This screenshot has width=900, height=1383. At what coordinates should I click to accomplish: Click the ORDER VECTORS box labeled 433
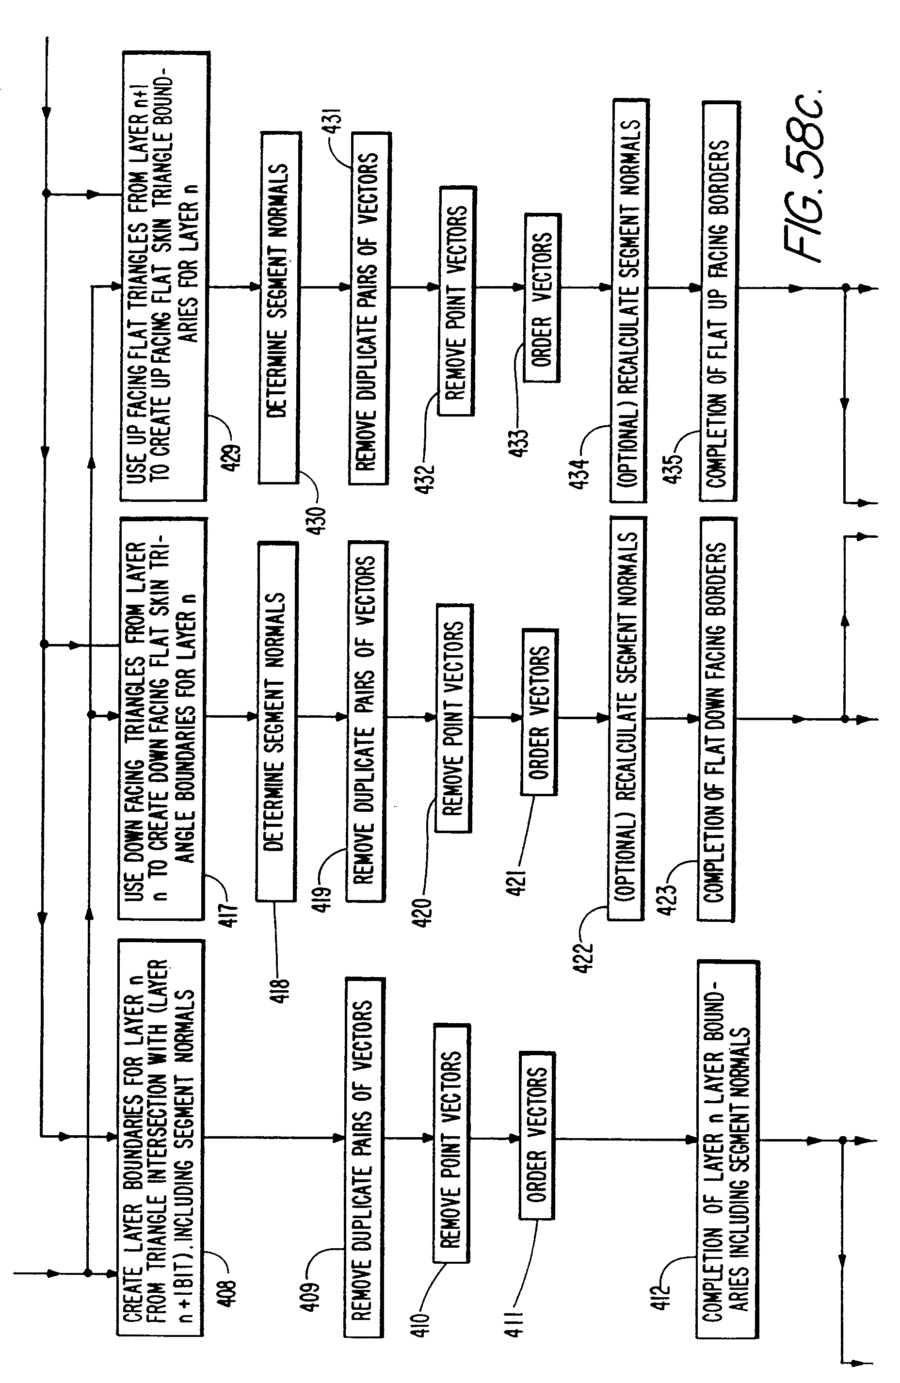click(x=542, y=298)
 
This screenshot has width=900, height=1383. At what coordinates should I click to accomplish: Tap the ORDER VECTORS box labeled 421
click(x=539, y=712)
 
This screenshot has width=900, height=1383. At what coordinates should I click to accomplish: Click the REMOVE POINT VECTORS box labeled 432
click(x=457, y=301)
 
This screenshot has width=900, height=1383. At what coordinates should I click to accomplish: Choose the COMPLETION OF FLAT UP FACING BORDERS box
click(x=719, y=301)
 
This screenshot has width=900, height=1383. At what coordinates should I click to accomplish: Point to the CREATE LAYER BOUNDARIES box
click(x=161, y=1136)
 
